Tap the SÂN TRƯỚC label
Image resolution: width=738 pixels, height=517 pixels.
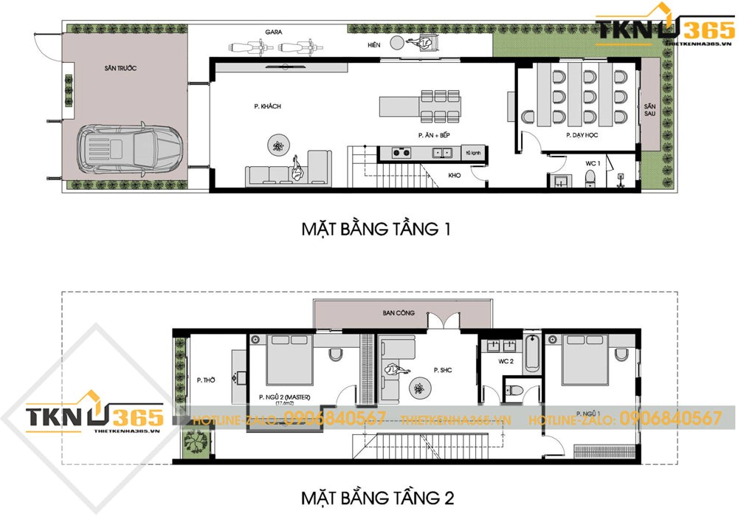[120, 68]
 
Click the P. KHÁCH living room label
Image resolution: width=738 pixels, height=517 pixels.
[266, 106]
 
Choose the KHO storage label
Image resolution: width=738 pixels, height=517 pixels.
[455, 176]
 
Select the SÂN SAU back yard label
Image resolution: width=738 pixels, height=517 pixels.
[649, 110]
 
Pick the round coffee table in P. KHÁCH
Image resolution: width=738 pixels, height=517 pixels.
[278, 147]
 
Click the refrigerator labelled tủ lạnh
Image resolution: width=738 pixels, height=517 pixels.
[472, 153]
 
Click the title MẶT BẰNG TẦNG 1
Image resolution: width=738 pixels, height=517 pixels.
[376, 230]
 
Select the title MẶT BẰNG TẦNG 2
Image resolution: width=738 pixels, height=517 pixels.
[376, 495]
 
